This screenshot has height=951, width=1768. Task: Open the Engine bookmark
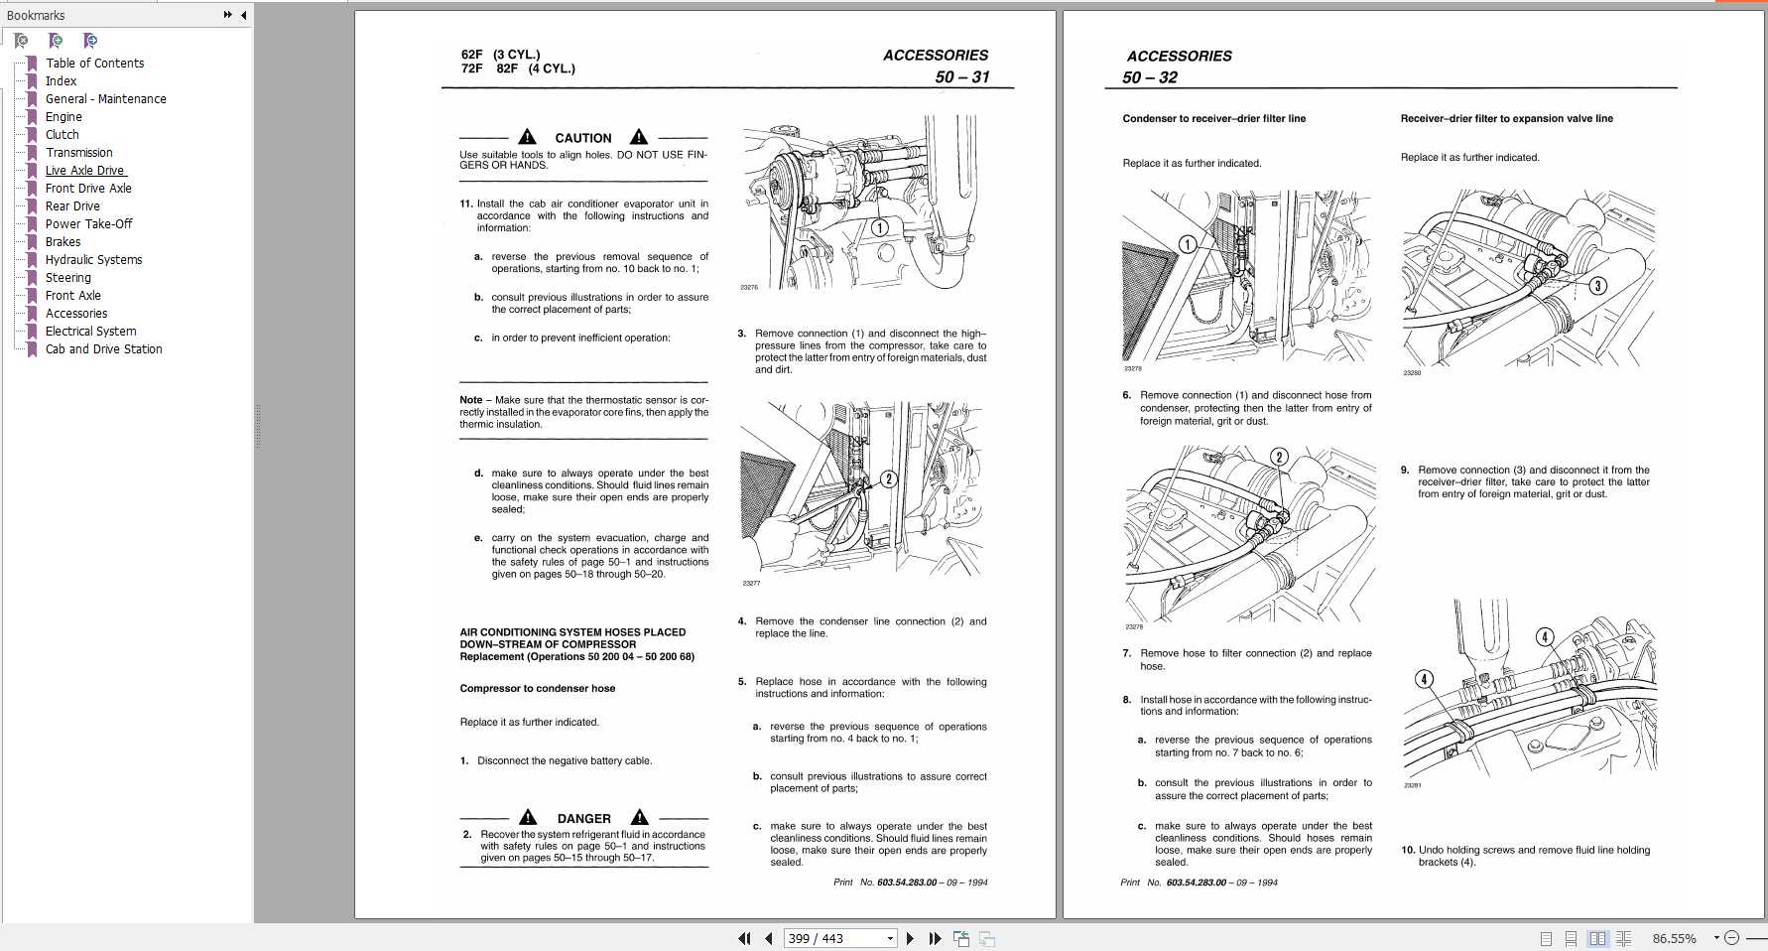(63, 117)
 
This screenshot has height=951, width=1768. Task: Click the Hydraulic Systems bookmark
(93, 260)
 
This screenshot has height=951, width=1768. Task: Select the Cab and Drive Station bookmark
(103, 349)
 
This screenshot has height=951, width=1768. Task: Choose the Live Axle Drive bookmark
(84, 171)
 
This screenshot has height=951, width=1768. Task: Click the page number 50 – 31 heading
(961, 77)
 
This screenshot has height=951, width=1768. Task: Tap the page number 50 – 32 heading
(1150, 78)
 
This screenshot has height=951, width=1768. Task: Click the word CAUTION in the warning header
(582, 139)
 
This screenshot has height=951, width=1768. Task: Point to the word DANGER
(583, 819)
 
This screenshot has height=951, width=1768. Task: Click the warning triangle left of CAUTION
(528, 137)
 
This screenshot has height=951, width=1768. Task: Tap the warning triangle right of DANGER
(640, 817)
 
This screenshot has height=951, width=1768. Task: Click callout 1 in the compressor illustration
(879, 227)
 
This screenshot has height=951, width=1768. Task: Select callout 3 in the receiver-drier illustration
(1597, 286)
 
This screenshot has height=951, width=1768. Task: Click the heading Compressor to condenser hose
(537, 689)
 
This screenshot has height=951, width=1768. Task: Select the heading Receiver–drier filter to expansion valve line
(1506, 119)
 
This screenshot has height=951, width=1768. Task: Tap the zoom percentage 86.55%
(1674, 939)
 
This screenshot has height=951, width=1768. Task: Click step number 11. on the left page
(465, 204)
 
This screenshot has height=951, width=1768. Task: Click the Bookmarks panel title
(36, 15)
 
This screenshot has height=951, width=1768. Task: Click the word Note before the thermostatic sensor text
(470, 401)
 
